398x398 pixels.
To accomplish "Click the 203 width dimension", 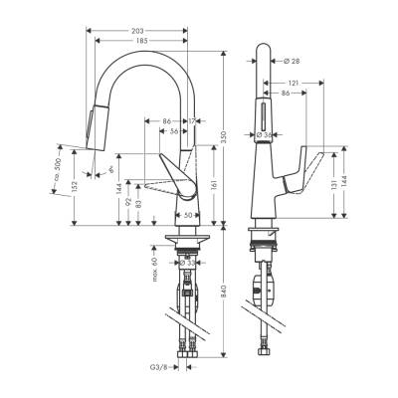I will (140, 30).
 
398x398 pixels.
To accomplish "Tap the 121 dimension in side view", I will (296, 83).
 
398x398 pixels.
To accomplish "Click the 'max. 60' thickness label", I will (156, 269).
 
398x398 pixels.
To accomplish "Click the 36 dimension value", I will (174, 132).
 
